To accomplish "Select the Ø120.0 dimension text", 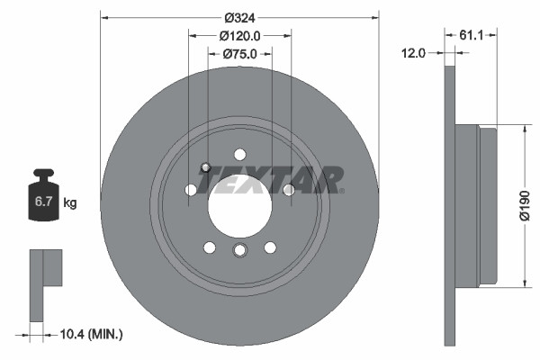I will click(239, 36).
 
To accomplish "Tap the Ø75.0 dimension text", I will click(239, 54).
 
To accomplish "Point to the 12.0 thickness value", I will click(413, 53).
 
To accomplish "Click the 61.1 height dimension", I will click(472, 36).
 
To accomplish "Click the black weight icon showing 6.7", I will click(44, 195).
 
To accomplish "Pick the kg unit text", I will click(70, 203).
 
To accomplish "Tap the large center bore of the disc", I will click(239, 201).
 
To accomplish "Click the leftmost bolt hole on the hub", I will click(191, 190).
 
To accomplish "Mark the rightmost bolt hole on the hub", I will click(288, 190).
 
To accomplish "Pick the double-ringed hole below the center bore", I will click(239, 250).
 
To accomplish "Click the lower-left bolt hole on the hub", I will click(210, 247).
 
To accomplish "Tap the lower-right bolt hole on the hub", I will click(269, 247).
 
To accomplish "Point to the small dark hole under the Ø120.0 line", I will click(206, 166).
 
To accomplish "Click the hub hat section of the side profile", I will click(476, 206).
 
